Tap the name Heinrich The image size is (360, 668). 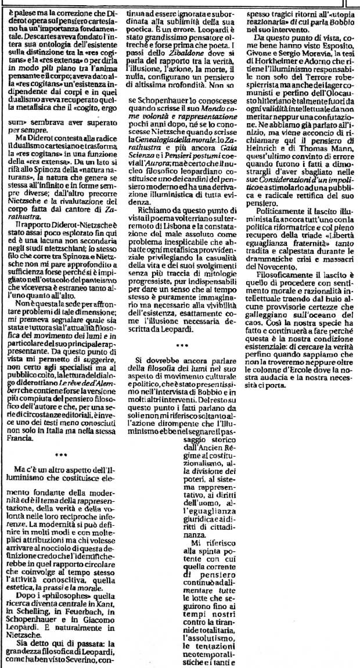coord(260,163)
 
